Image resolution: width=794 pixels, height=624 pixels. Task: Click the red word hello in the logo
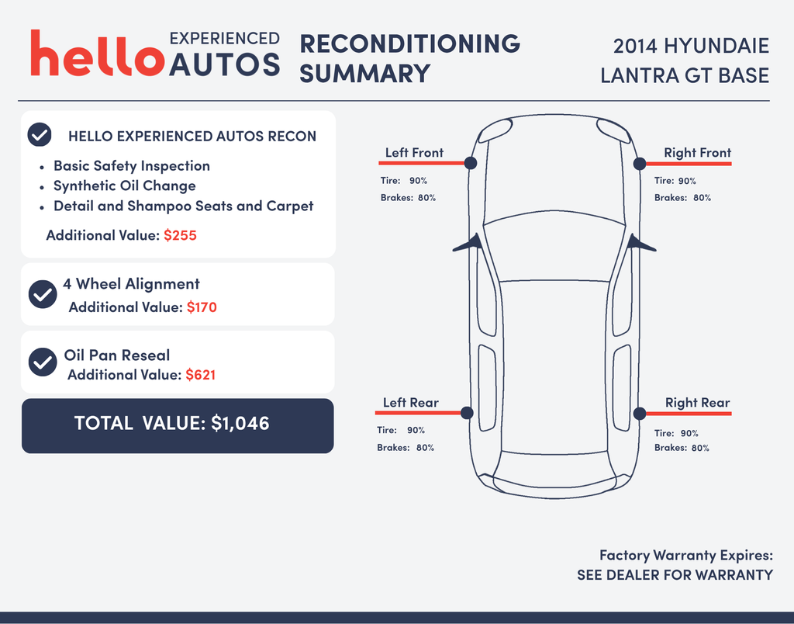(98, 53)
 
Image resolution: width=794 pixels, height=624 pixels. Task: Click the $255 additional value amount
(180, 235)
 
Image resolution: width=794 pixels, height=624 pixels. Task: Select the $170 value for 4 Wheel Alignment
(202, 307)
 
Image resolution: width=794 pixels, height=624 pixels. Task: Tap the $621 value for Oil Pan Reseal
(201, 375)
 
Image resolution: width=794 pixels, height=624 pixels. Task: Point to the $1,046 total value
(240, 423)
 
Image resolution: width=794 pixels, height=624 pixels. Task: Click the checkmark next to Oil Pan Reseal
(43, 362)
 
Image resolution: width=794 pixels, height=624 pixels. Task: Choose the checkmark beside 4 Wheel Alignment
(43, 294)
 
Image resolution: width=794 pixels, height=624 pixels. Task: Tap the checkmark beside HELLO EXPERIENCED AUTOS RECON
(40, 135)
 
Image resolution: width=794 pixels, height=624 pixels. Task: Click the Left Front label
(414, 153)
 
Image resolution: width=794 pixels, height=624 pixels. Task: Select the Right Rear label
(697, 403)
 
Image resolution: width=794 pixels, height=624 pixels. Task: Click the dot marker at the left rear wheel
(467, 413)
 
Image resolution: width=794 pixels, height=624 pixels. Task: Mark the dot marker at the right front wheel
(640, 163)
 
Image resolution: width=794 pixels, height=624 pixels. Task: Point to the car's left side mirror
(468, 244)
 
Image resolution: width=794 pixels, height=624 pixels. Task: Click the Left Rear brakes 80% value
(426, 448)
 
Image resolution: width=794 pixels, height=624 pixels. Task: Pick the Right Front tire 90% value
(687, 181)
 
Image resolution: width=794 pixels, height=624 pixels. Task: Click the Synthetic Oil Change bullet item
(125, 186)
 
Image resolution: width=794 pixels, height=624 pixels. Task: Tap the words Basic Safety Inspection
(132, 166)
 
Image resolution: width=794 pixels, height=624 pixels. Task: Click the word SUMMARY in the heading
(364, 74)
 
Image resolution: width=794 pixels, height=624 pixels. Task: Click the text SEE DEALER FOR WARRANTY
(675, 575)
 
